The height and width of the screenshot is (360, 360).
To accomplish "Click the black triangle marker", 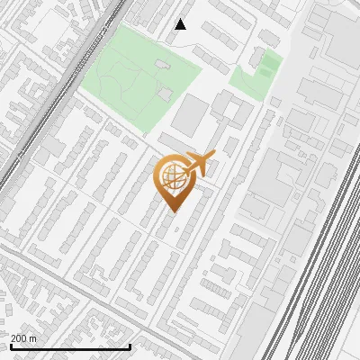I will pos(180,24).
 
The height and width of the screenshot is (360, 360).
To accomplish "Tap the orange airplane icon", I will pos(197,166).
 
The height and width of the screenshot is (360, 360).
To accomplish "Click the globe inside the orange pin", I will pos(172,176).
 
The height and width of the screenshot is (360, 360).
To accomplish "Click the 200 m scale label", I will pos(24,337).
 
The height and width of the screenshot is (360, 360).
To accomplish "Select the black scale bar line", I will pos(70,346).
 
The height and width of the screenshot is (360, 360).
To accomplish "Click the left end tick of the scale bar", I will pos(11,346).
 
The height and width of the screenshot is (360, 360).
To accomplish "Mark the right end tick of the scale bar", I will pos(130,346).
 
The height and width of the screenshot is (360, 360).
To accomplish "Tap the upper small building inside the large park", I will pos(161,64).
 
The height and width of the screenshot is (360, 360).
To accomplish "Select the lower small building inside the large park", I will pos(165,93).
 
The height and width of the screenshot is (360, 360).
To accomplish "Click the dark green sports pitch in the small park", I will pos(267,64).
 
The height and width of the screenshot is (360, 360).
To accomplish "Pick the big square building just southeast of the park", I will pos(190,115).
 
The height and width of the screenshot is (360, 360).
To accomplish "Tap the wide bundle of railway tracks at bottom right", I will pos(324,270).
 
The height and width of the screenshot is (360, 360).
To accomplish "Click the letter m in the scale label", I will pos(33,337).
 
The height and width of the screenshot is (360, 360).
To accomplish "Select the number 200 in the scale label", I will pos(20,337).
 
